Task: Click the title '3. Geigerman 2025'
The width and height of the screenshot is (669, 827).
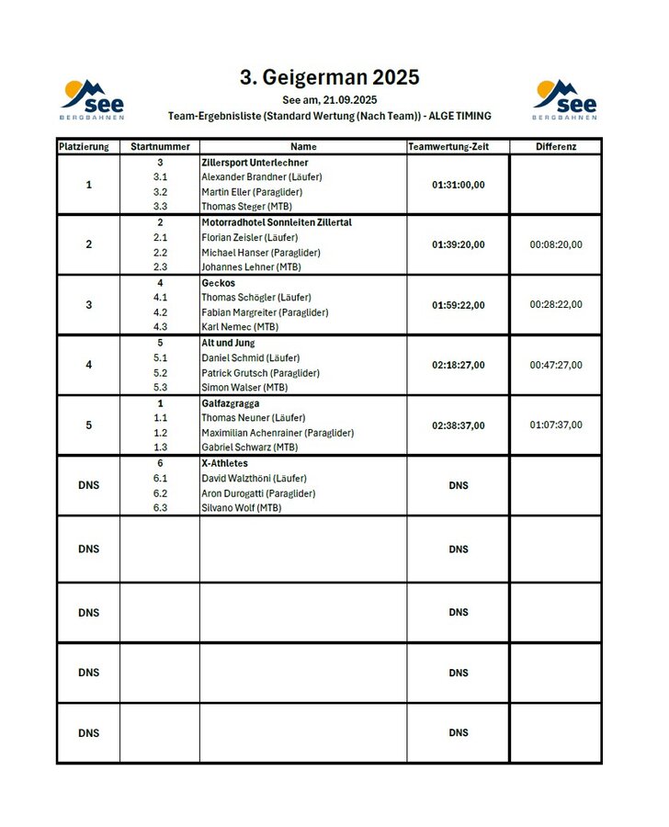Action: tap(329, 78)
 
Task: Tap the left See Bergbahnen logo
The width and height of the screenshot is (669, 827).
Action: tap(93, 99)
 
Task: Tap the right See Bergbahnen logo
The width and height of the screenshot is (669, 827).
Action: tap(564, 99)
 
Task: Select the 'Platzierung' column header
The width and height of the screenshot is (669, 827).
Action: tap(88, 147)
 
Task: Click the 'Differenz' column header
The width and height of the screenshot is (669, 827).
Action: tap(555, 147)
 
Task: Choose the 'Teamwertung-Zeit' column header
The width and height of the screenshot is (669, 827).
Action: tap(458, 147)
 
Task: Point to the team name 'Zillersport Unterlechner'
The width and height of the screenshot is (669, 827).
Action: tap(255, 163)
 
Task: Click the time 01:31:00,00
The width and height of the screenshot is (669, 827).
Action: tap(458, 185)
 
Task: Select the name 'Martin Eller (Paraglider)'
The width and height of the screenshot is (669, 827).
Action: tap(251, 192)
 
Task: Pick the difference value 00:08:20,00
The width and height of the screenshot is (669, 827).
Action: tap(555, 245)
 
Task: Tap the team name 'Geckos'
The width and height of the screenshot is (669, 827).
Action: tap(219, 283)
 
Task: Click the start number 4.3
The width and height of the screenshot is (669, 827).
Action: tap(160, 327)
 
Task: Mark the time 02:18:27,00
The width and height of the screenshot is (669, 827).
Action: tap(458, 365)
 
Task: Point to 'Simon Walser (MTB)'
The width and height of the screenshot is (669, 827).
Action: tap(244, 388)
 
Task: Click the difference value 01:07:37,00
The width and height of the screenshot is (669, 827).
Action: tap(555, 425)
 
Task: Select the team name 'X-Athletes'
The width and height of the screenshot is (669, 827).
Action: tap(224, 463)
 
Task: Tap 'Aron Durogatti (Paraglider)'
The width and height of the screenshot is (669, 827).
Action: tap(258, 493)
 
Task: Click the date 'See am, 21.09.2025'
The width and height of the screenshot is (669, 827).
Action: tap(329, 99)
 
